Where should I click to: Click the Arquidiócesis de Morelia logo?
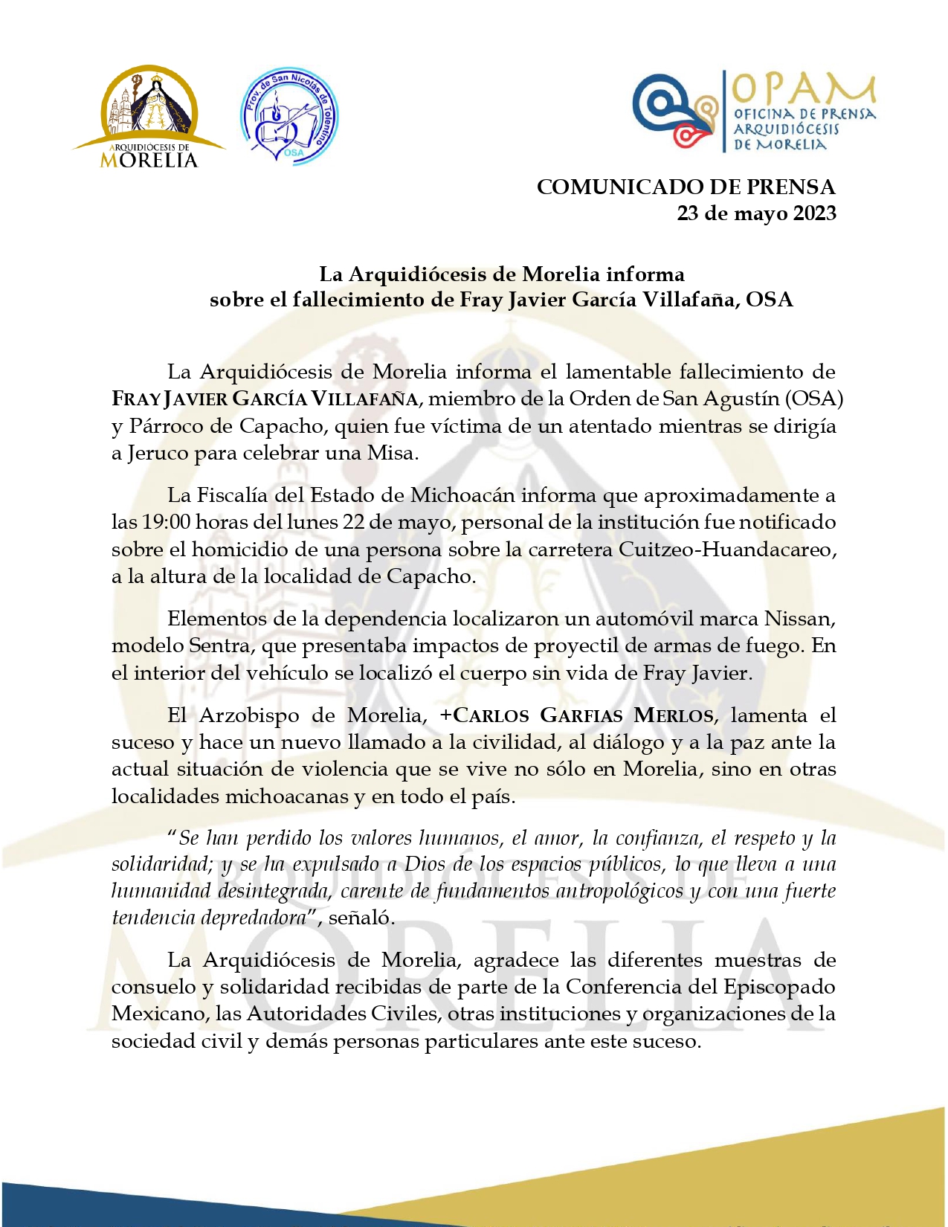click(x=149, y=117)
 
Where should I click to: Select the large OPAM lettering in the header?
click(x=803, y=89)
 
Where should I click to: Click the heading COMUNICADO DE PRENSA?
click(x=686, y=187)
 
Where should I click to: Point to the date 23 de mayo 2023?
click(x=756, y=213)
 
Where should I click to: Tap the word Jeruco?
click(x=158, y=453)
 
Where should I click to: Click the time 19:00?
click(x=166, y=522)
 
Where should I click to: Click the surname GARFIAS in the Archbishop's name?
click(x=581, y=715)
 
